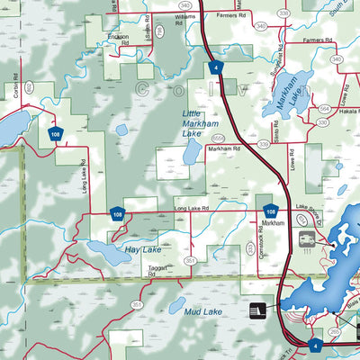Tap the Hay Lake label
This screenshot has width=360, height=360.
click(x=142, y=248)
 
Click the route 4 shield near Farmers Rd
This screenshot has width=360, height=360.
click(x=215, y=67)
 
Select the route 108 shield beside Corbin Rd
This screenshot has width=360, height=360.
click(x=55, y=133)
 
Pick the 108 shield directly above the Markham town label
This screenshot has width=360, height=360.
click(x=270, y=209)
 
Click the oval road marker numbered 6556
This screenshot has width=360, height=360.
click(x=219, y=137)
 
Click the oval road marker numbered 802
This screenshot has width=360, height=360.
click(x=29, y=87)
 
